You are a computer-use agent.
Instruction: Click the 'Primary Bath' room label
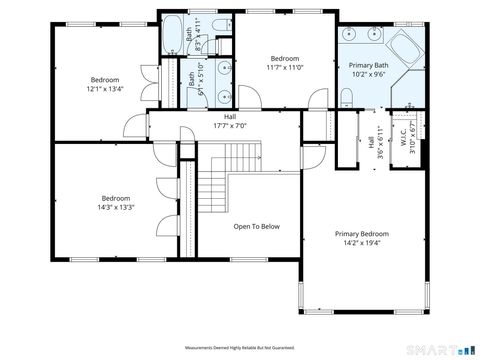367,64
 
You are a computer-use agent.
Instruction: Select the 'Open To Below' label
256,226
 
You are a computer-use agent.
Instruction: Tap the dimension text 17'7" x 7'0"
230,126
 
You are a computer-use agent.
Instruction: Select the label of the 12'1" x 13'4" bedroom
105,80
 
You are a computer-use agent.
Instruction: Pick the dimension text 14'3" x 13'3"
116,207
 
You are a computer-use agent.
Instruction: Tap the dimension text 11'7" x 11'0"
284,68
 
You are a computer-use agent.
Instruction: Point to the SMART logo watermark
436,350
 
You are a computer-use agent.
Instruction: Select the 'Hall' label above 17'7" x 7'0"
230,117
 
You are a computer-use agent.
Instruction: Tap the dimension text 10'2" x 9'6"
367,73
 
